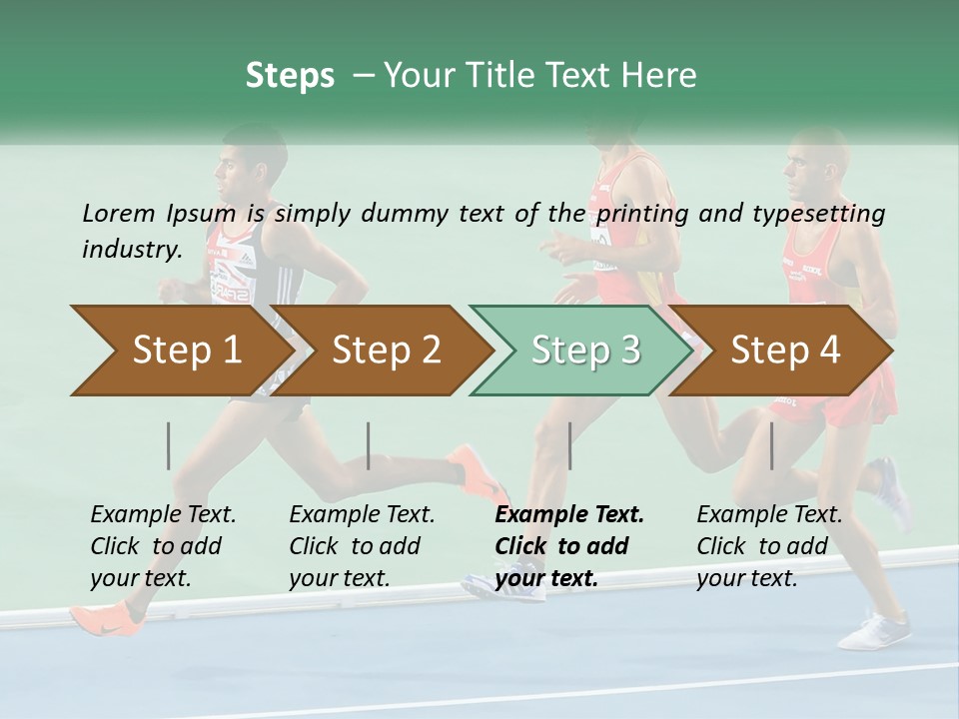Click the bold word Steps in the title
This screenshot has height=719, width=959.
pyautogui.click(x=290, y=75)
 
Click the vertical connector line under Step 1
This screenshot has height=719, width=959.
pyautogui.click(x=169, y=445)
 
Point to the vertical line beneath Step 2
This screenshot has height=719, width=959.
pyautogui.click(x=369, y=445)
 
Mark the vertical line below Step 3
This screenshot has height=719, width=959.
pyautogui.click(x=570, y=445)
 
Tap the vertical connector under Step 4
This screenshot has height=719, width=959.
pyautogui.click(x=772, y=445)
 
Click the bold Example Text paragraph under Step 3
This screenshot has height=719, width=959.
pyautogui.click(x=569, y=546)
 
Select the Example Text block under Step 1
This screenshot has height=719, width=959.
pyautogui.click(x=163, y=546)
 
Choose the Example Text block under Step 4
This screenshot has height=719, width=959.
pyautogui.click(x=769, y=546)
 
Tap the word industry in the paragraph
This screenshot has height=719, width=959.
pyautogui.click(x=131, y=249)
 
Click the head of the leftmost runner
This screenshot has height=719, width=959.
pyautogui.click(x=241, y=166)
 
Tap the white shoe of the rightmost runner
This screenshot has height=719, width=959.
pyautogui.click(x=875, y=630)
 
